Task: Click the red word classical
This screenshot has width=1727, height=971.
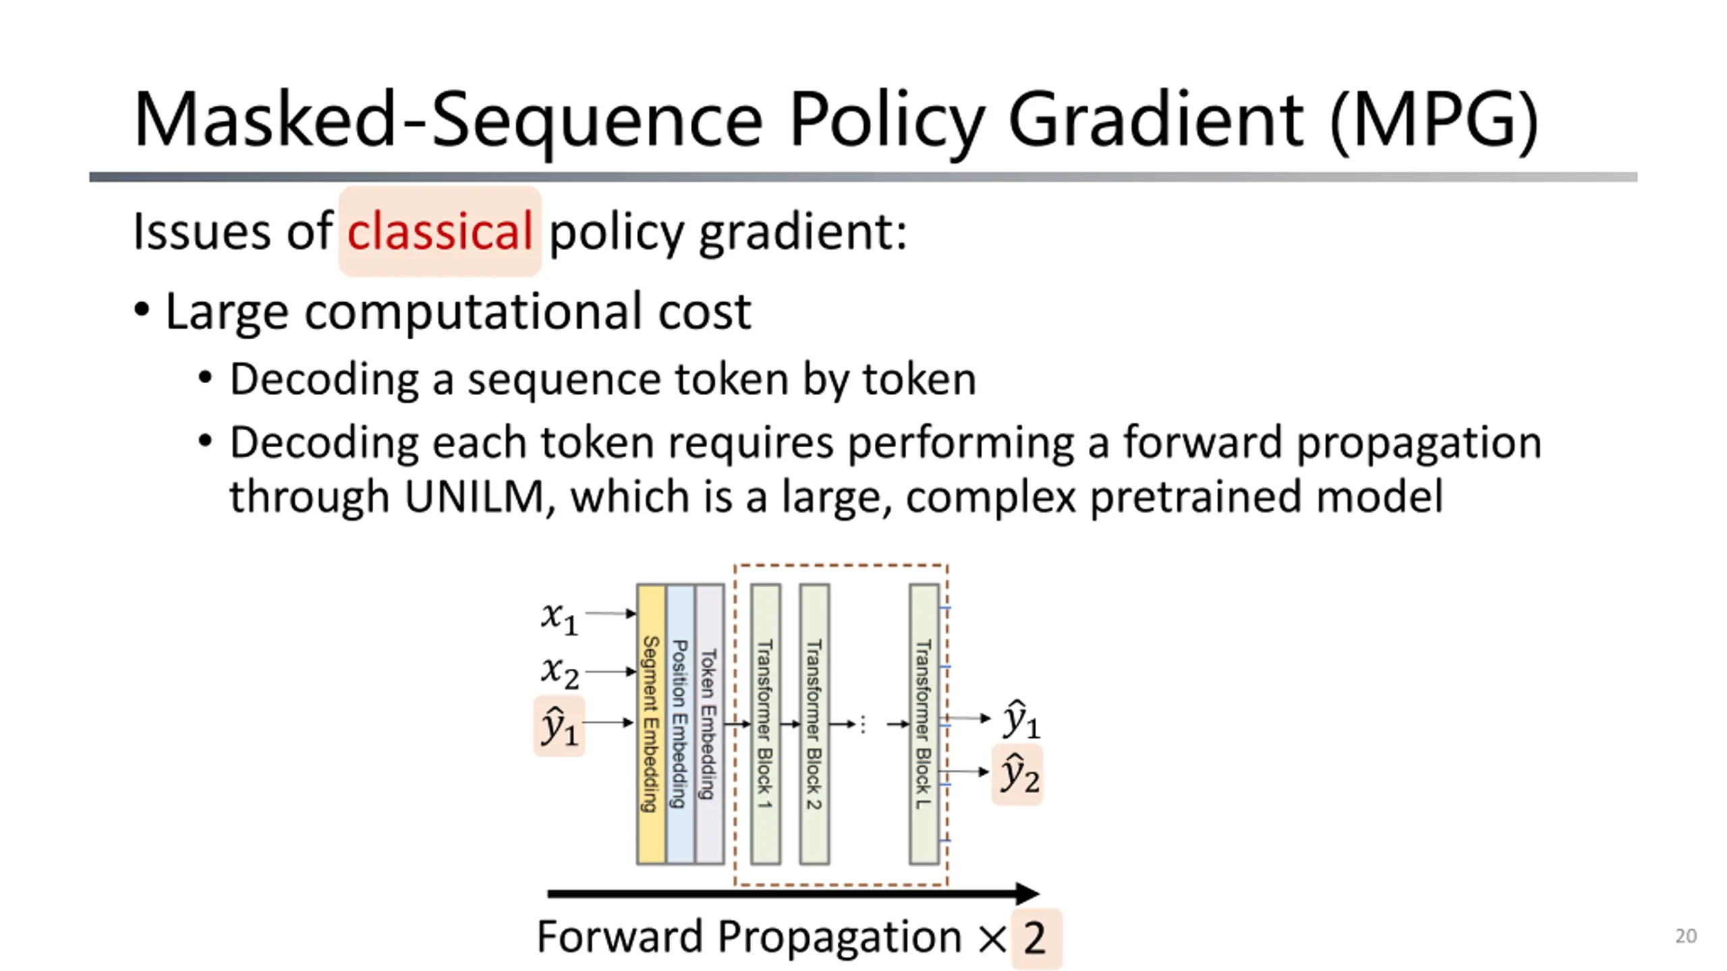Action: pyautogui.click(x=440, y=231)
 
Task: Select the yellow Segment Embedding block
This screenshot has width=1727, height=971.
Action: pyautogui.click(x=650, y=724)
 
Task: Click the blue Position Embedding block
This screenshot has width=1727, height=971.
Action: pyautogui.click(x=680, y=724)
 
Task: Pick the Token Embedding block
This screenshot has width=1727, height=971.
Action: pyautogui.click(x=709, y=724)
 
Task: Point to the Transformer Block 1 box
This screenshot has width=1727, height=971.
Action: pyautogui.click(x=765, y=724)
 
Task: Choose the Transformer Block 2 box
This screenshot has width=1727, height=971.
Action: pyautogui.click(x=814, y=724)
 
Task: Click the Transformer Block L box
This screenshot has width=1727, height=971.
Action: pyautogui.click(x=924, y=724)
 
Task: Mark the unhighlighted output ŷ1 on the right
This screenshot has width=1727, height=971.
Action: pyautogui.click(x=1020, y=719)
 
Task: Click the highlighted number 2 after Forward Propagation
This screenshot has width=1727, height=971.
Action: pyautogui.click(x=1035, y=938)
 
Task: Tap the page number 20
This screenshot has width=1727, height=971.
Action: pyautogui.click(x=1685, y=936)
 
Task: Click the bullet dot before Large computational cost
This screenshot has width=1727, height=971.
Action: pyautogui.click(x=142, y=311)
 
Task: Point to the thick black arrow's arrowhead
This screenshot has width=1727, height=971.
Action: pyautogui.click(x=1027, y=894)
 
